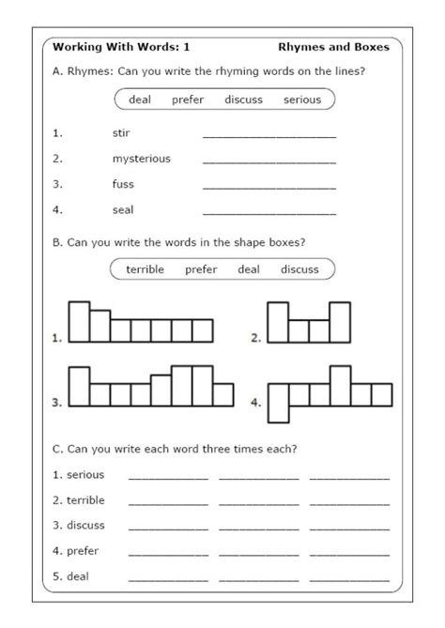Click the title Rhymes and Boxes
333,46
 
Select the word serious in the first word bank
302,100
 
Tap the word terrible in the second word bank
145,269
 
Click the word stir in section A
120,133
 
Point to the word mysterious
141,159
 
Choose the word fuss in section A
123,184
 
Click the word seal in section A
123,210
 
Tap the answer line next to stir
269,137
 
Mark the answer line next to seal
269,214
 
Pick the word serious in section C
85,475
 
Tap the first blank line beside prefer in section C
168,555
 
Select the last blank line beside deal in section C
349,580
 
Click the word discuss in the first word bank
244,100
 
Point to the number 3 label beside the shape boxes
56,404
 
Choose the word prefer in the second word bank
201,269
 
